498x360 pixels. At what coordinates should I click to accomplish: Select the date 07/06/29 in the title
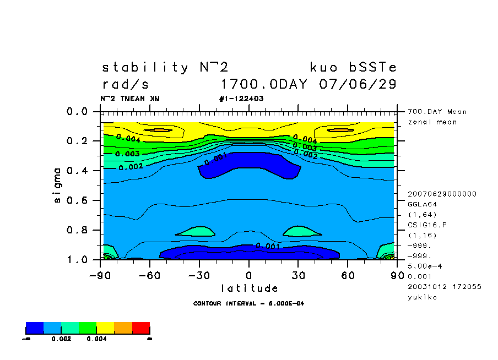pyautogui.click(x=358, y=85)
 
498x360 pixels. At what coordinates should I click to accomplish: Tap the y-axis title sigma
pyautogui.click(x=58, y=186)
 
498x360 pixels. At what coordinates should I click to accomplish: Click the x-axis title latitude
pyautogui.click(x=250, y=288)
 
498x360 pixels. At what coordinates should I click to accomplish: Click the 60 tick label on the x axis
pyautogui.click(x=348, y=275)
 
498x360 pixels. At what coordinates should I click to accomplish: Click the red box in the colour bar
pyautogui.click(x=141, y=328)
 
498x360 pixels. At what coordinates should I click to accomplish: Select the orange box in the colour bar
pyautogui.click(x=123, y=328)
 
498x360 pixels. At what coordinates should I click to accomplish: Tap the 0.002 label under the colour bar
pyautogui.click(x=61, y=339)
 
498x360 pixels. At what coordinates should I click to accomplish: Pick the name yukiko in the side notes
pyautogui.click(x=422, y=297)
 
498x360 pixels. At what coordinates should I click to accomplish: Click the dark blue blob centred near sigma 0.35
pyautogui.click(x=249, y=165)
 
